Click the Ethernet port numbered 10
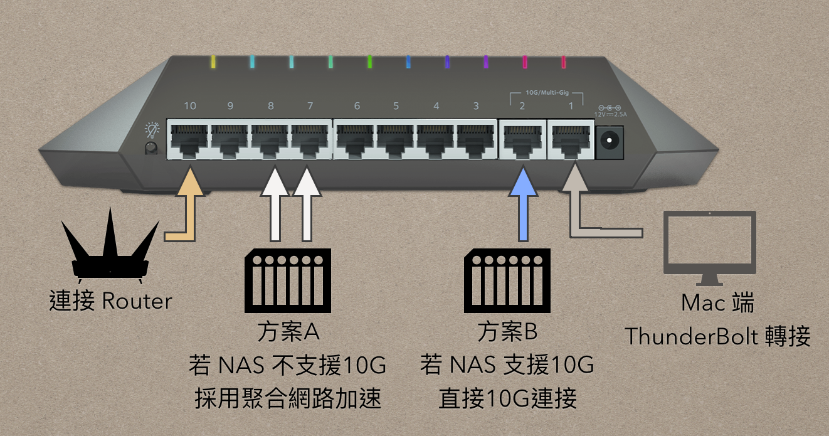[189, 141]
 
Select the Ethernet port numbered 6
[356, 141]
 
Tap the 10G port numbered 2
[522, 141]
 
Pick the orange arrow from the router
[188, 207]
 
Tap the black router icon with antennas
[110, 251]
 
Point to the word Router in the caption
[136, 302]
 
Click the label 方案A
[288, 332]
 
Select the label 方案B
[507, 332]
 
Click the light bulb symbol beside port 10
[152, 130]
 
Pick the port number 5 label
[396, 106]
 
